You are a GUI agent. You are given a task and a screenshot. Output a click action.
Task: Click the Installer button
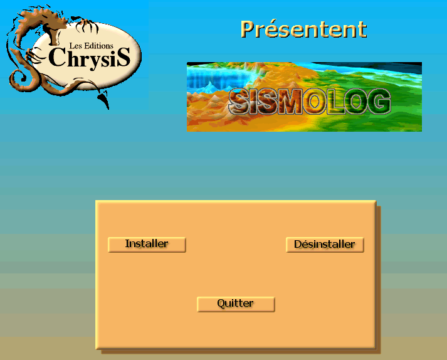tap(147, 245)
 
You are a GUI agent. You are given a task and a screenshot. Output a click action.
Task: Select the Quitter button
tap(236, 304)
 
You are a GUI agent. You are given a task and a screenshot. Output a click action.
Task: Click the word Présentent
tap(303, 29)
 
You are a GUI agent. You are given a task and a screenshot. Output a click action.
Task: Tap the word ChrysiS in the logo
tap(89, 58)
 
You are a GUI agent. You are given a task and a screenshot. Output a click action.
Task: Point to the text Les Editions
tap(92, 46)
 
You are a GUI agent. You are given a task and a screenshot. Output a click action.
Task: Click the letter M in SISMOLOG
tap(290, 101)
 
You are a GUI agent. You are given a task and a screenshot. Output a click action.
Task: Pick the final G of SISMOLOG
tap(379, 101)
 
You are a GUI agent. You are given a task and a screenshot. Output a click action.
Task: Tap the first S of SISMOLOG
tap(239, 101)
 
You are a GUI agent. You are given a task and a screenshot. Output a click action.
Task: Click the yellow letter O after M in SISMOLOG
tap(314, 101)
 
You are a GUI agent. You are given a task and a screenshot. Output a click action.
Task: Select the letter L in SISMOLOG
tap(334, 101)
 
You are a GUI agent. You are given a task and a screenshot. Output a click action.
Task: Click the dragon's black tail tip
tap(105, 100)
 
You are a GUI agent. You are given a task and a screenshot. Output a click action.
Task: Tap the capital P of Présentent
tap(249, 29)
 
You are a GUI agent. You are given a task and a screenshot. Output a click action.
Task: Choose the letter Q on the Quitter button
tap(221, 303)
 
